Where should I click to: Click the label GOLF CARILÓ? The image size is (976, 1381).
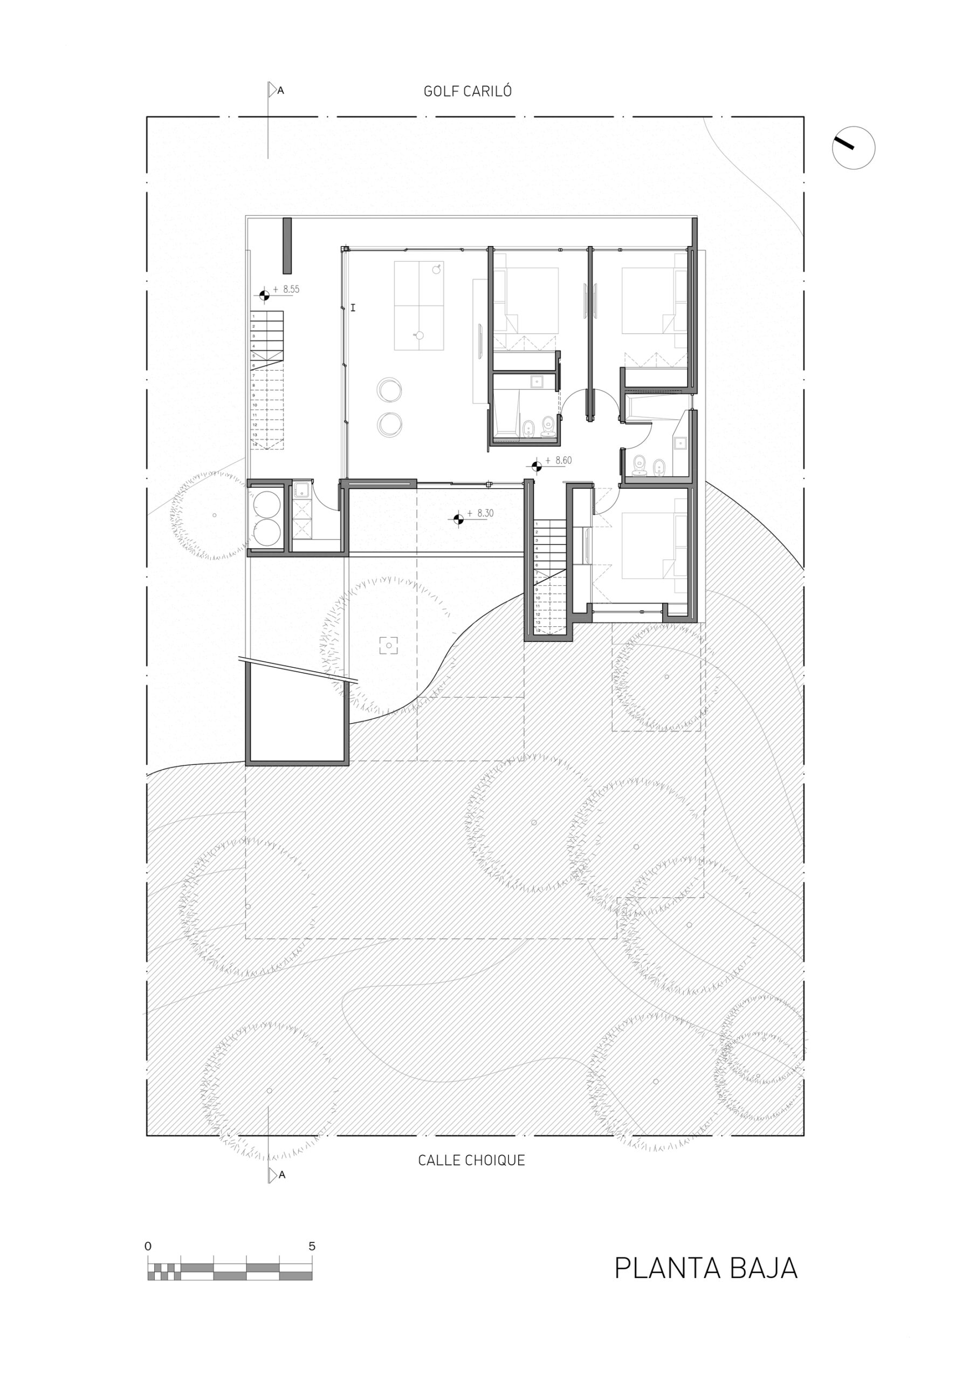468,91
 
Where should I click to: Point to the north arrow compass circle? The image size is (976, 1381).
853,147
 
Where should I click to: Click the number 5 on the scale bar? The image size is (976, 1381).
312,1246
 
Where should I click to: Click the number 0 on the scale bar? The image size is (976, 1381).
148,1246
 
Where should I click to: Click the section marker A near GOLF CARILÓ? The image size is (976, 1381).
280,91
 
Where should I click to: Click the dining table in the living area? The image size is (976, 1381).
418,305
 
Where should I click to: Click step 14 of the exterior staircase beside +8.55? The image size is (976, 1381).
266,445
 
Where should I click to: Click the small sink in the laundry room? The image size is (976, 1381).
302,491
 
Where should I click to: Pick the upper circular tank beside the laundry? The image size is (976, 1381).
267,504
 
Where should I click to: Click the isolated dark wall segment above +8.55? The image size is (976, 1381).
287,246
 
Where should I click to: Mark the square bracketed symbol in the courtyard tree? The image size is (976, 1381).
388,646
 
